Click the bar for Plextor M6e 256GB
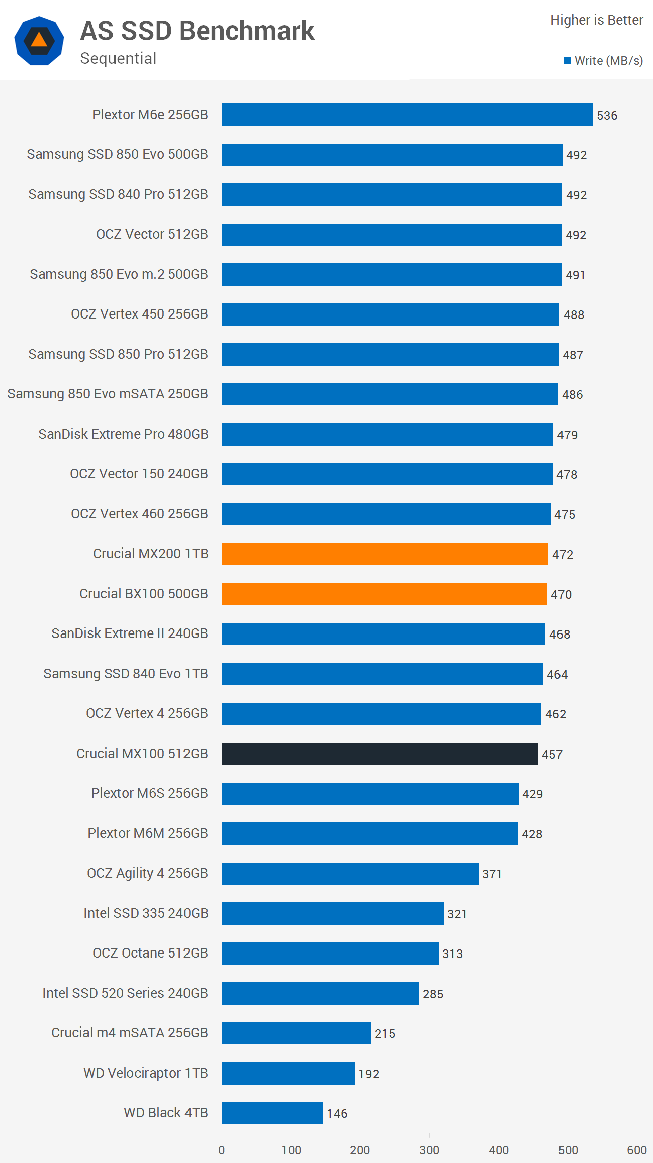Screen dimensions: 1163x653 407,115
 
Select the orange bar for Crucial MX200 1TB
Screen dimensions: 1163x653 385,554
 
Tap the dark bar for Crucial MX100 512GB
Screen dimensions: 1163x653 380,754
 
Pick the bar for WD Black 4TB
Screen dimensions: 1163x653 272,1113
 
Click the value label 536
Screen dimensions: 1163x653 607,116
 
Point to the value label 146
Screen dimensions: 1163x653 337,1114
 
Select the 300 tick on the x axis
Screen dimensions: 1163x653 429,1150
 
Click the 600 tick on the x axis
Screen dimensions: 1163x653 636,1150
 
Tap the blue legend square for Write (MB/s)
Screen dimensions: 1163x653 568,61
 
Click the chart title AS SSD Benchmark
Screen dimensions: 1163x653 197,31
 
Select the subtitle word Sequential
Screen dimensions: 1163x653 118,58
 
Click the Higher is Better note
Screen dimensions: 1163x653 597,20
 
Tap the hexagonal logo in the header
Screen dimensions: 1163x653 39,41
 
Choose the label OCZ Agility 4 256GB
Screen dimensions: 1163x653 147,873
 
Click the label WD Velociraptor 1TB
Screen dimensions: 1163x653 146,1073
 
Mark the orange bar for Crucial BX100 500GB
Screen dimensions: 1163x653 384,594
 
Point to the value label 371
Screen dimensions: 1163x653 492,874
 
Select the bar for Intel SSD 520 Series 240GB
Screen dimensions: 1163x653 320,993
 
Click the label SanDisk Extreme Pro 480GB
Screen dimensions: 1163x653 123,434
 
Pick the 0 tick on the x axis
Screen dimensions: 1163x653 222,1150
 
